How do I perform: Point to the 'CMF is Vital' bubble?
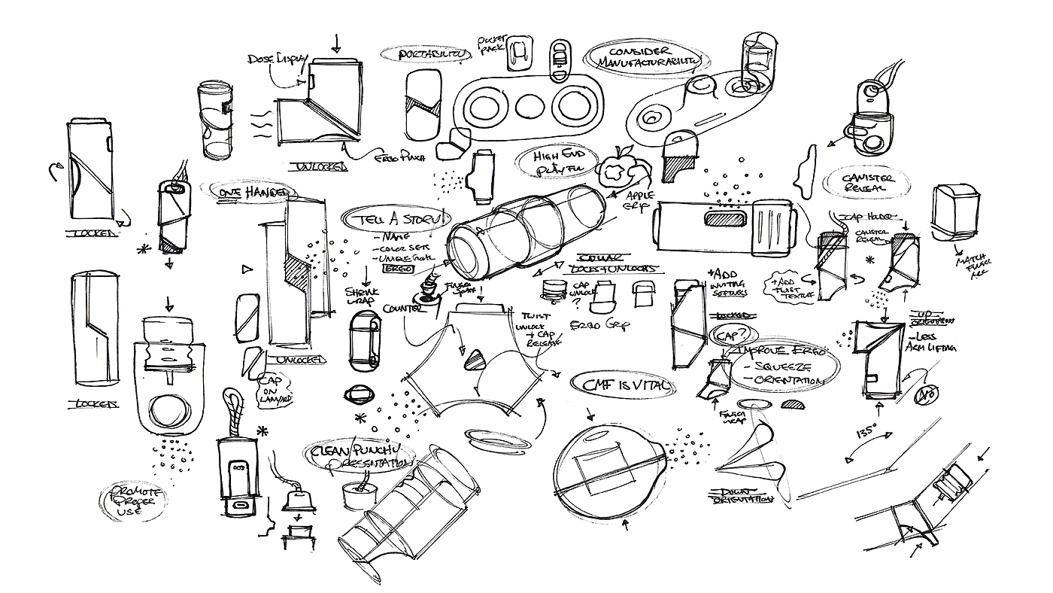tap(622, 385)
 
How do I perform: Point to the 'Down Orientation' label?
tap(741, 497)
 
